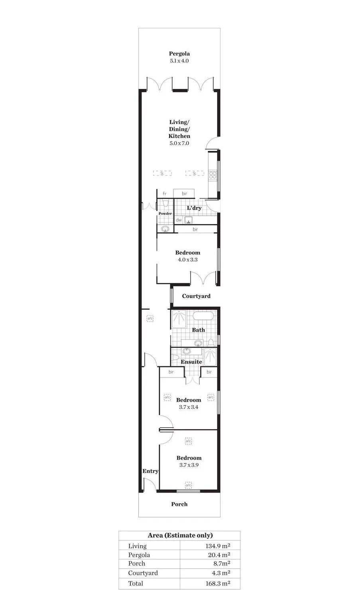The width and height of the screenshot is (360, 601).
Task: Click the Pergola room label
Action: tap(179, 53)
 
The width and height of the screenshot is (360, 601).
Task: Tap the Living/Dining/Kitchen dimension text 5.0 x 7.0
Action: tap(179, 143)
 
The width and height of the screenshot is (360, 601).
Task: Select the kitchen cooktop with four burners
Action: tap(212, 174)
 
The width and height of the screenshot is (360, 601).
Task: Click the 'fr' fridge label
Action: tap(164, 194)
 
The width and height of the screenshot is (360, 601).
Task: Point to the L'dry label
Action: tap(194, 208)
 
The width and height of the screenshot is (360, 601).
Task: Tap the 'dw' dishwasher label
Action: tap(179, 220)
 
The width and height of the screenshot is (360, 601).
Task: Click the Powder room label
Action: tap(165, 214)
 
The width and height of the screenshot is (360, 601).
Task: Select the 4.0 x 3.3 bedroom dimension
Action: tap(187, 259)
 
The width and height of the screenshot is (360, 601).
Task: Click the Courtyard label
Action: tap(196, 296)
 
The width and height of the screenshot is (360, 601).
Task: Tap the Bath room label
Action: tap(198, 330)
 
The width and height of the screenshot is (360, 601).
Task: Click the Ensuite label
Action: tap(191, 362)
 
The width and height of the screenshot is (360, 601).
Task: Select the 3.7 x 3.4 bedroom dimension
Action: tap(189, 407)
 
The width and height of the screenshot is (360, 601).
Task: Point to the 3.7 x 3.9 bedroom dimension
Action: tap(189, 465)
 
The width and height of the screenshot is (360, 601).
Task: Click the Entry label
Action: tap(150, 471)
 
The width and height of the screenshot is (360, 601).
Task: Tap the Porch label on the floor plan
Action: tap(179, 504)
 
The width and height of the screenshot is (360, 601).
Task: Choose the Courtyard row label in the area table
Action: tap(143, 573)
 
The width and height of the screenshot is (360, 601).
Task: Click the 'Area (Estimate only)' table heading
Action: tap(180, 535)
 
